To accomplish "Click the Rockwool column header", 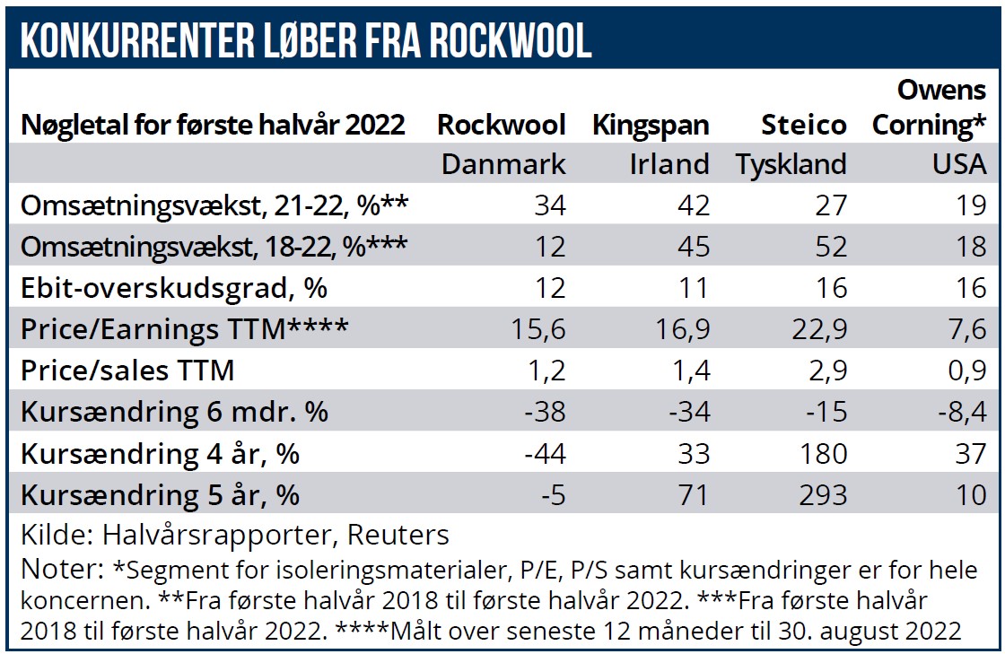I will (501, 125).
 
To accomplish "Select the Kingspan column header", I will (651, 125).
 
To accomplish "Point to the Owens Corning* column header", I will (929, 108).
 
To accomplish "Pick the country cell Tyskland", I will (791, 164).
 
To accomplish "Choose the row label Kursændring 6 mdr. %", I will (174, 412).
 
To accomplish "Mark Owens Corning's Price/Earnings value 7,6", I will (966, 329).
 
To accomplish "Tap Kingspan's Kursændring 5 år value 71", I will (693, 494).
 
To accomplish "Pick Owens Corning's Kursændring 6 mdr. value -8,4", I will (959, 412).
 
